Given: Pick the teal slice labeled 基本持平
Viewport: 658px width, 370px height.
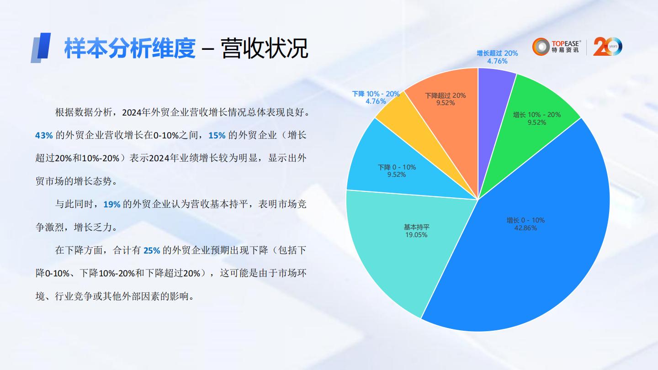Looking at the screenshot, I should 393,247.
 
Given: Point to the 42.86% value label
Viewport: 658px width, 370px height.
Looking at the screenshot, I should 525,228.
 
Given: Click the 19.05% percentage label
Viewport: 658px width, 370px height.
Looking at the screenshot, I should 416,235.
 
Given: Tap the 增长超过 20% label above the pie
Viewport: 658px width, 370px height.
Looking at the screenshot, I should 497,53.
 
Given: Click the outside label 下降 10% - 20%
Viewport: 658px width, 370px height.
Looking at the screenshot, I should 376,94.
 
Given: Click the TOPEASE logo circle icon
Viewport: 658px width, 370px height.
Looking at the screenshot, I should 541,47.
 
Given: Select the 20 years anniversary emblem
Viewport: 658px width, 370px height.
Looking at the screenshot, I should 607,47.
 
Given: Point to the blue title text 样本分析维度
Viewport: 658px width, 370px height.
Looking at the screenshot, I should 130,48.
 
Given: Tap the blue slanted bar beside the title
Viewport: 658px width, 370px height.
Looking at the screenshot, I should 41,48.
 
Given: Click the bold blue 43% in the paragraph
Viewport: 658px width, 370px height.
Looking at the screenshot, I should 44,135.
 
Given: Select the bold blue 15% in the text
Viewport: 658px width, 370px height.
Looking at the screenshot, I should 217,135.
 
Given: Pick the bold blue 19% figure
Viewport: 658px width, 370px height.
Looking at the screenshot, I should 112,204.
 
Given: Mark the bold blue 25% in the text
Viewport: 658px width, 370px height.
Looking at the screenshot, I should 152,250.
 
